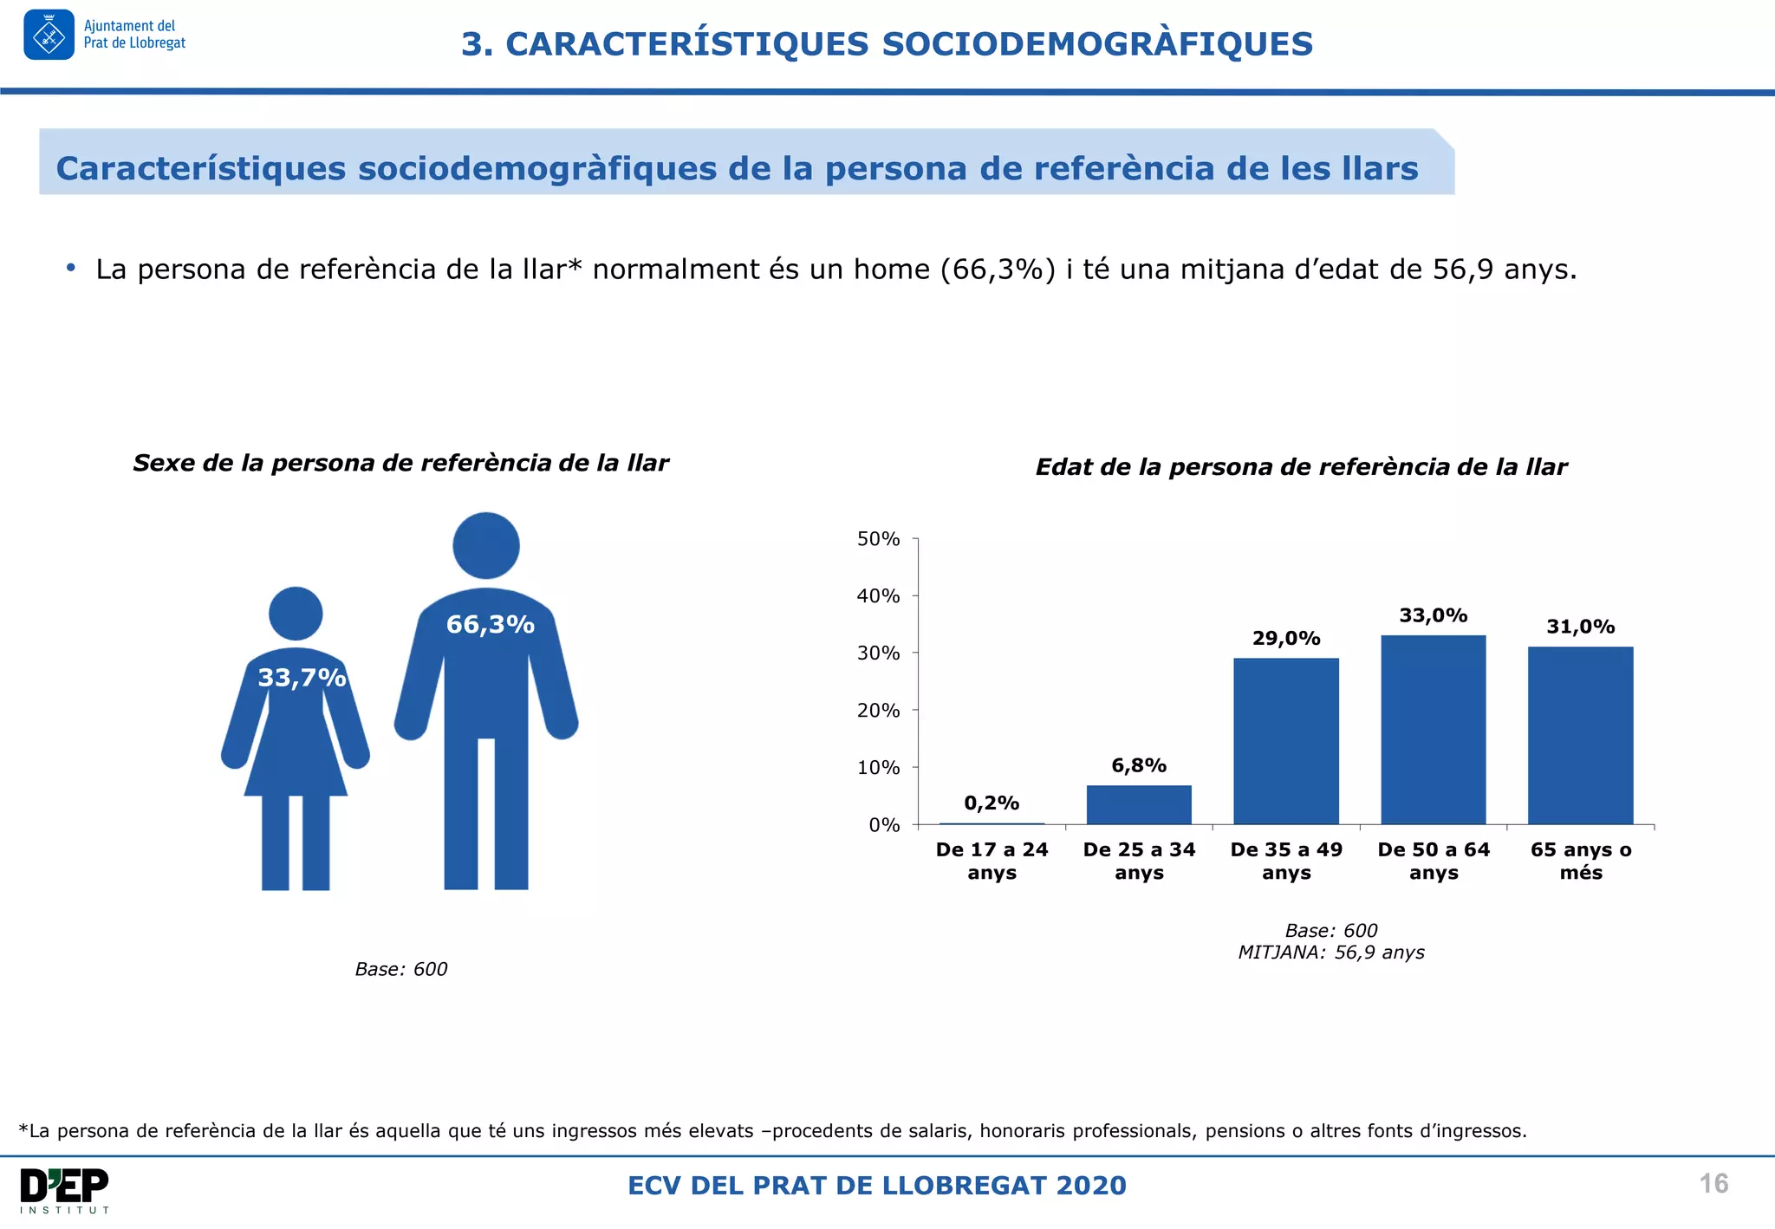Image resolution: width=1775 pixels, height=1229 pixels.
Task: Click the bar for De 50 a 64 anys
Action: [1433, 730]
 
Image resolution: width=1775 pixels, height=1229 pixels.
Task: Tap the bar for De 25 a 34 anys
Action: [1139, 804]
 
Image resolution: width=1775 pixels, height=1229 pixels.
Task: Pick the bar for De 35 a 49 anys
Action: [1286, 741]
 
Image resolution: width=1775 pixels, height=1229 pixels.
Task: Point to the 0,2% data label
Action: [992, 803]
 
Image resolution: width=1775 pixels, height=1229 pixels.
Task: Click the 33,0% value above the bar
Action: [1433, 615]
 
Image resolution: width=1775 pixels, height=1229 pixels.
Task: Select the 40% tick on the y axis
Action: [878, 596]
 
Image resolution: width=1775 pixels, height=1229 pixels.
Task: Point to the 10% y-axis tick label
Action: [878, 768]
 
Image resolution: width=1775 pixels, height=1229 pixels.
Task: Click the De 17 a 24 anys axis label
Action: [992, 861]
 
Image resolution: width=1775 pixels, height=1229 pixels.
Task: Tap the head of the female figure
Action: [296, 614]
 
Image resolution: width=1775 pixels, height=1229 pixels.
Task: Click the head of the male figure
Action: [486, 545]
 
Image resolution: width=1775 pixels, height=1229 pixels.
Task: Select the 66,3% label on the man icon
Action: [490, 624]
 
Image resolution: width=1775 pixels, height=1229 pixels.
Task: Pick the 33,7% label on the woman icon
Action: [302, 677]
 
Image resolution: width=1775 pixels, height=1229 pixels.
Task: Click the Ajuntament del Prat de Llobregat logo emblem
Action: [49, 36]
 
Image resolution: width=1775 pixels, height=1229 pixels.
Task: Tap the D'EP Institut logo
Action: [65, 1190]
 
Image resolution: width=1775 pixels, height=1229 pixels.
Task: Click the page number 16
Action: [1713, 1184]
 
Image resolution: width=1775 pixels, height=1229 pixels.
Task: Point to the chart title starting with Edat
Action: [1301, 467]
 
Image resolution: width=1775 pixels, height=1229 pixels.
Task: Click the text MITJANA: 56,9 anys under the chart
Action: [1330, 953]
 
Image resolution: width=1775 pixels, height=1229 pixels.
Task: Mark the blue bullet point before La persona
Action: [71, 268]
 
